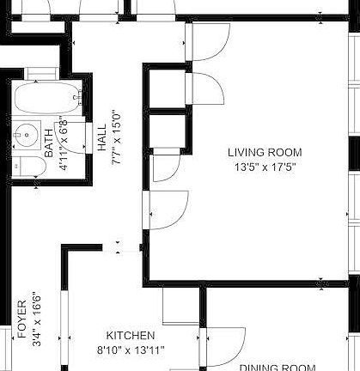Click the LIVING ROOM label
tap(265, 153)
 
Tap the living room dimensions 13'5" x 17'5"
tap(265, 167)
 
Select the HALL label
tap(102, 137)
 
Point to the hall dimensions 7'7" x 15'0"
tap(115, 137)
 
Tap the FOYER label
tap(22, 319)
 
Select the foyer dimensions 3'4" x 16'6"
tap(36, 319)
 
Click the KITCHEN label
tap(130, 336)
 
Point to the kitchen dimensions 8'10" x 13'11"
tap(130, 350)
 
